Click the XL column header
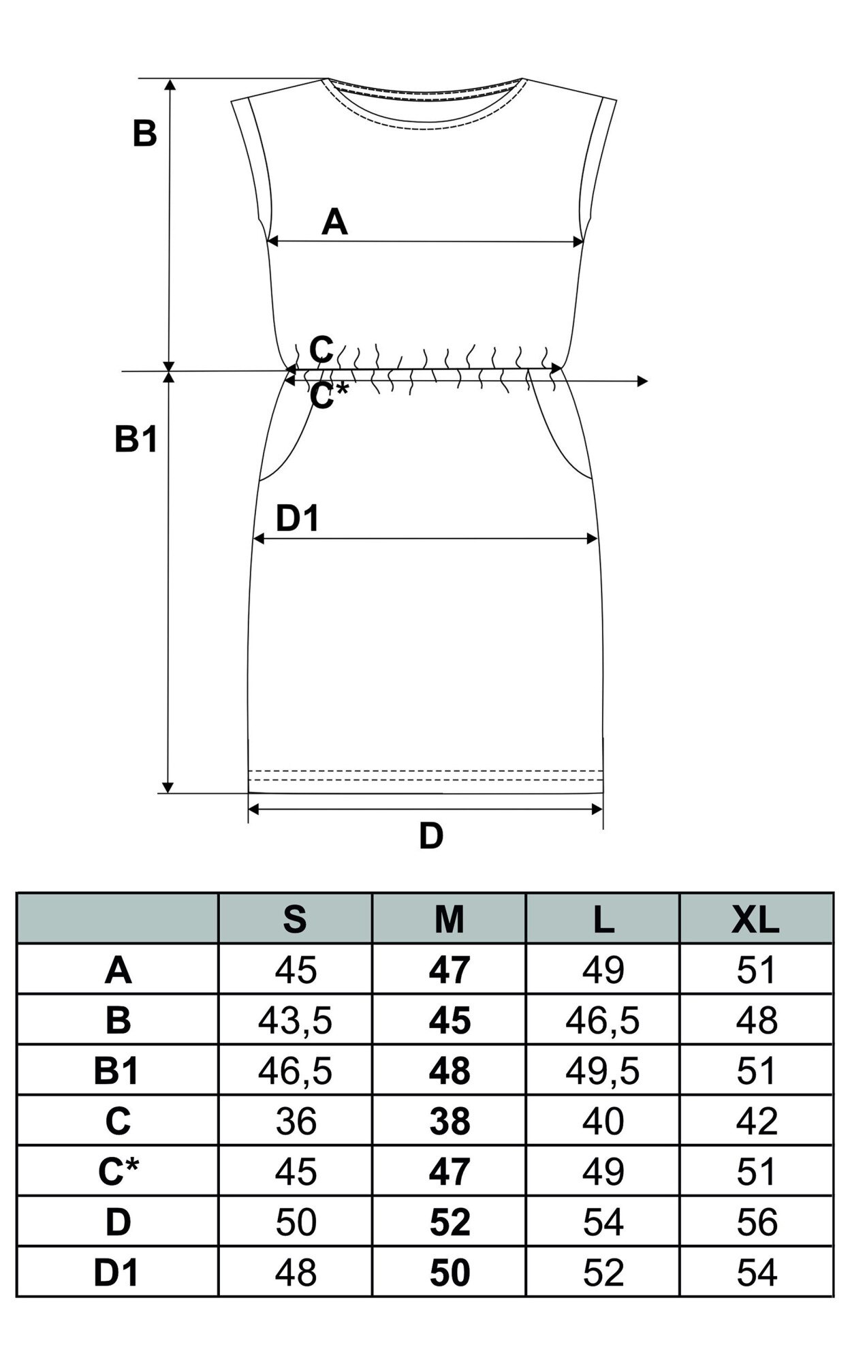coord(755,920)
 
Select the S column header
coord(295,920)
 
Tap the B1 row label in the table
coord(116,1071)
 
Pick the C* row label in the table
coord(118,1172)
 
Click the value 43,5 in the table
coord(295,1021)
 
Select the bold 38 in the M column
coord(450,1121)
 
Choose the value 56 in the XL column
coord(756,1222)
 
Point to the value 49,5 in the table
coord(603,1071)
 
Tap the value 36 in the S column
coord(296,1121)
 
